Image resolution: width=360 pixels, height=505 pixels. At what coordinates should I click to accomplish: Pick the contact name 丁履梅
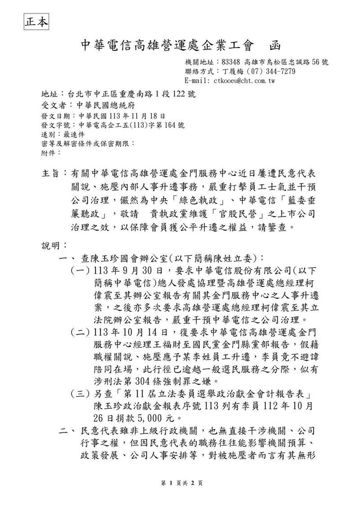coord(232,72)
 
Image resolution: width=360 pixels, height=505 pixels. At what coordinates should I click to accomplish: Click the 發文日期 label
coord(53,116)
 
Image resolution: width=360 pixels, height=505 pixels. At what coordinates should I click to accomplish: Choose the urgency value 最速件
coord(74,134)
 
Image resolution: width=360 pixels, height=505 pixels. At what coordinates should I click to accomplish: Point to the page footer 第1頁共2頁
coord(180,483)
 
